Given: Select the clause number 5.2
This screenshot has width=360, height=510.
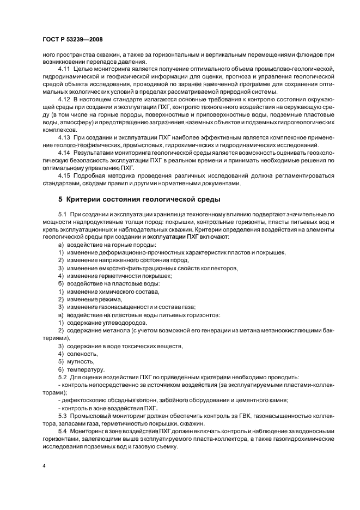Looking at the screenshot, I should (x=62, y=377).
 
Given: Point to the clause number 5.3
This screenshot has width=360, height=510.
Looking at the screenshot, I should (x=62, y=416).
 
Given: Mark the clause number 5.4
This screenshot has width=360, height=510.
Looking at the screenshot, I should (x=62, y=431).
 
